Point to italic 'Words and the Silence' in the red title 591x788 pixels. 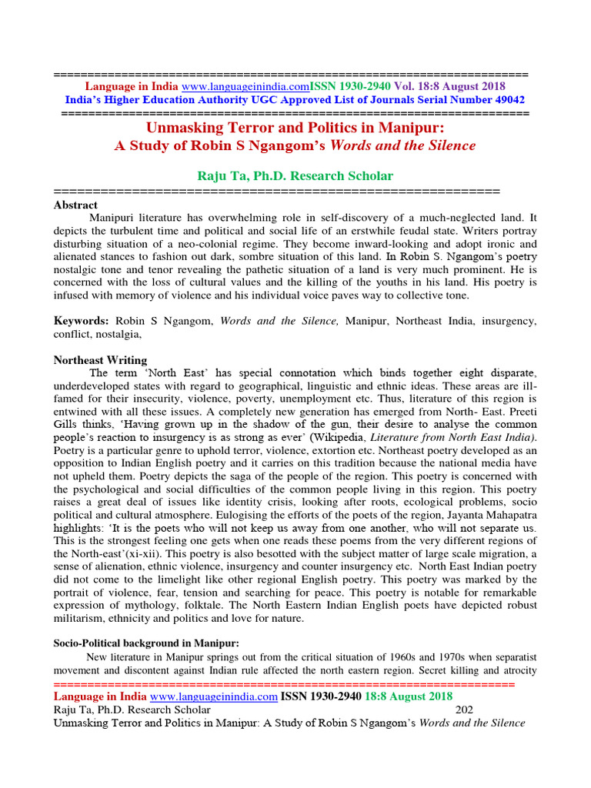click(x=411, y=145)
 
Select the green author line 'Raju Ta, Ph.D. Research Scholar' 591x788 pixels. click(x=295, y=176)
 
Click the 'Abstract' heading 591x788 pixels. click(x=75, y=205)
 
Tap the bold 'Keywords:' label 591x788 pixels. click(x=81, y=319)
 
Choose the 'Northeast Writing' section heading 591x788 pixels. click(x=100, y=360)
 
